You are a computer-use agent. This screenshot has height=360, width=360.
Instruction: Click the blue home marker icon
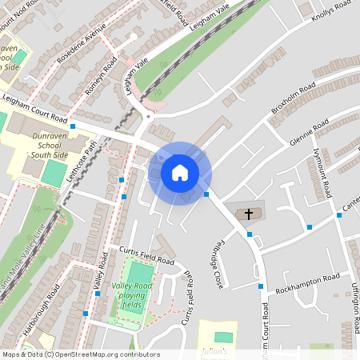pyautogui.click(x=180, y=173)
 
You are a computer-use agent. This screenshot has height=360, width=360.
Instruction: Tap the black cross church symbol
pyautogui.click(x=249, y=214)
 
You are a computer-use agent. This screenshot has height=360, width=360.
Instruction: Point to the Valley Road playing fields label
pyautogui.click(x=133, y=295)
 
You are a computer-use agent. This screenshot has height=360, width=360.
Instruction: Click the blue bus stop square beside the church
pyautogui.click(x=250, y=234)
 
